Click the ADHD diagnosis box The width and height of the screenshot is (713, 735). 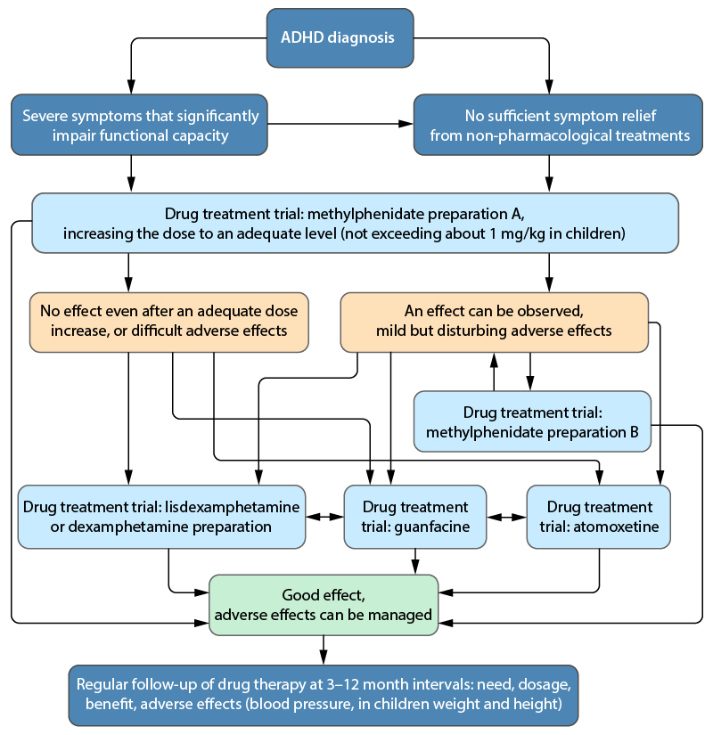tap(340, 38)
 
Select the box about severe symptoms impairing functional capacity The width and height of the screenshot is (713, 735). tap(139, 126)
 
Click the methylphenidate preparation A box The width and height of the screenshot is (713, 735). tap(356, 224)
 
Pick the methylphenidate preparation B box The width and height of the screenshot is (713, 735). tap(532, 423)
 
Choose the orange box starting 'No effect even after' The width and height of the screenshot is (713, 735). tap(168, 321)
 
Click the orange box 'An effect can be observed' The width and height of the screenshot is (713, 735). tap(494, 321)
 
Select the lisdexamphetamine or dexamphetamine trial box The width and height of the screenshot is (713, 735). tap(161, 517)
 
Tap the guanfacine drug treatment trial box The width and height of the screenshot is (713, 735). tap(415, 517)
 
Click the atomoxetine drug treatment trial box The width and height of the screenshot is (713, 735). tap(598, 517)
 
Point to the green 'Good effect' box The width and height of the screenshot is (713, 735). tap(324, 605)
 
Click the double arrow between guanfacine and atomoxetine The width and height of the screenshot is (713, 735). tap(506, 517)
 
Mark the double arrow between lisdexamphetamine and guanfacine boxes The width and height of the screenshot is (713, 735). tap(324, 517)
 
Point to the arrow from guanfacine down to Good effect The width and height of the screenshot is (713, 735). tap(415, 560)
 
